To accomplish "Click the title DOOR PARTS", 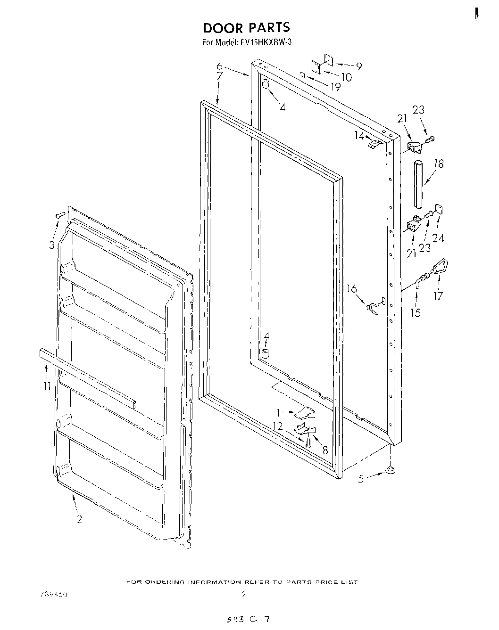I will [x=246, y=27].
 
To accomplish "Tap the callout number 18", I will [x=439, y=164].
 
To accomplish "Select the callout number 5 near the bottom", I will [x=361, y=479].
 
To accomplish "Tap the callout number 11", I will [x=45, y=386].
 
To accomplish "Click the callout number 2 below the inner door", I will [x=79, y=519].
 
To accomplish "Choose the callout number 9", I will [x=359, y=66].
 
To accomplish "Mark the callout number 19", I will [x=335, y=87].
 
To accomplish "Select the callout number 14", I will [x=359, y=136].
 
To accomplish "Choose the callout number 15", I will [x=416, y=312].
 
